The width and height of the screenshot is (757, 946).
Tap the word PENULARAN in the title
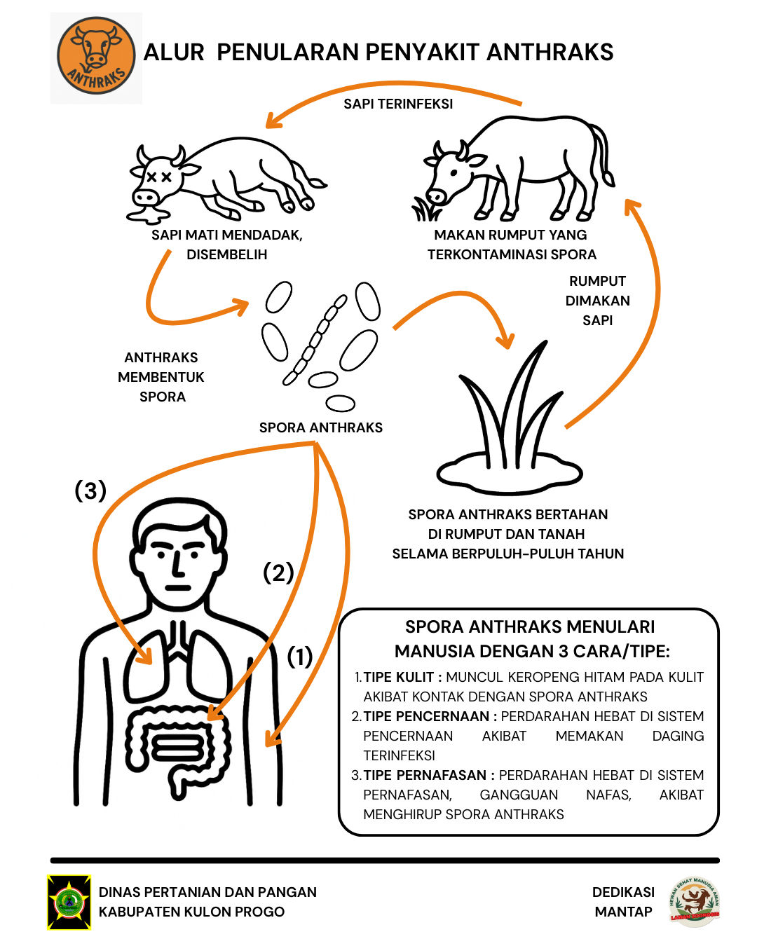pos(287,53)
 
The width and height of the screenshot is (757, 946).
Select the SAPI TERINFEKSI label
pos(398,104)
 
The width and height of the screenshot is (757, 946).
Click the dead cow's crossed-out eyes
pos(158,177)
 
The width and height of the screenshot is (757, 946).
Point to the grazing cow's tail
pos(603,154)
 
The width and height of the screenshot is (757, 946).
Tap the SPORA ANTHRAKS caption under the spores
pos(321,427)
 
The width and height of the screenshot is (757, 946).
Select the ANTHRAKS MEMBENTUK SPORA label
pos(161,377)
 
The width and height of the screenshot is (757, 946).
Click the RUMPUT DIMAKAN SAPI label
pos(598,301)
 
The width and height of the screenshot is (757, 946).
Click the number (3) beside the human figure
pos(90,491)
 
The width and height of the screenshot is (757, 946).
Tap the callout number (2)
pos(278,573)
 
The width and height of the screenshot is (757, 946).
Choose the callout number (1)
pos(300,657)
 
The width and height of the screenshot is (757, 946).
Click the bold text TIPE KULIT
pos(399,677)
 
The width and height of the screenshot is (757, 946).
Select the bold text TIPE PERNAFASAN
pos(425,775)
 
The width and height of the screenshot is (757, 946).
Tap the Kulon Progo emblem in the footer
pos(69,902)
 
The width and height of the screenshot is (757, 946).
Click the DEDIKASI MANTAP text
pos(623,902)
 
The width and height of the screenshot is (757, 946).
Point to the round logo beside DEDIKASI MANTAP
pos(694,902)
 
